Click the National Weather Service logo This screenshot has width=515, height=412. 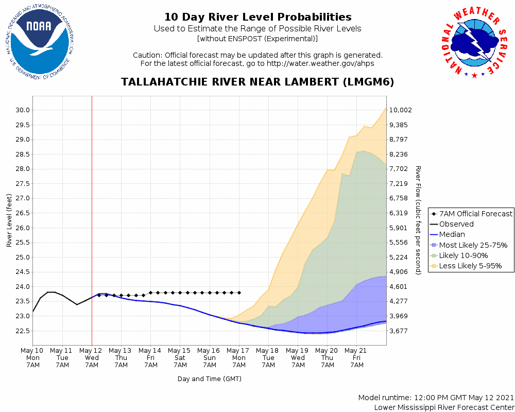tap(474, 44)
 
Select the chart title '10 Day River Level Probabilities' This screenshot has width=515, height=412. tap(257, 18)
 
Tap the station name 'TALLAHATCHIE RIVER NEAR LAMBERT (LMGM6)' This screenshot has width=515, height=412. tap(257, 82)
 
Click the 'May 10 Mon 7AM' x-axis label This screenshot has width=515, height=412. tap(33, 357)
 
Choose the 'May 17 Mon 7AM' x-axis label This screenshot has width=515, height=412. tap(239, 357)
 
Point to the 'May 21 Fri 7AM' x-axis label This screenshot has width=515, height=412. tap(356, 357)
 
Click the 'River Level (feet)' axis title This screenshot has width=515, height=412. tap(9, 220)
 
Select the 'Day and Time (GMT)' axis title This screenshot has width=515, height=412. tap(210, 379)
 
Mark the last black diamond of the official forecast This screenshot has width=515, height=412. tap(239, 293)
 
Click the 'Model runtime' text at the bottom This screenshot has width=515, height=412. tap(436, 398)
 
